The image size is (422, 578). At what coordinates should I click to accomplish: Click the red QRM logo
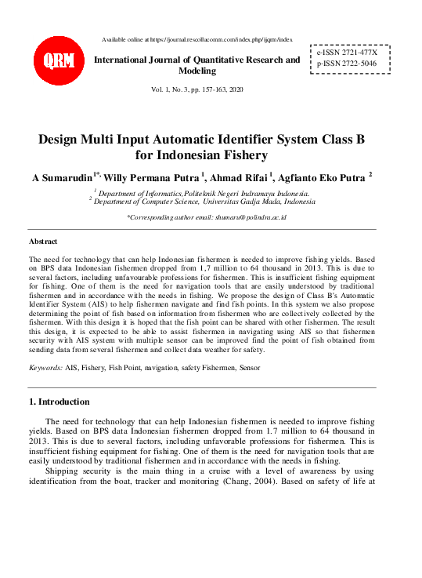55,60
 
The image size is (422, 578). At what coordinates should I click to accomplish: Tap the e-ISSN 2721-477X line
346,51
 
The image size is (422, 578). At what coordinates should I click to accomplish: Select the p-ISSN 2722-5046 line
346,62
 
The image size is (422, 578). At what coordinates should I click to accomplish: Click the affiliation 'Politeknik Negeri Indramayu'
239,192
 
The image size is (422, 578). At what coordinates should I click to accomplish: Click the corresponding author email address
247,216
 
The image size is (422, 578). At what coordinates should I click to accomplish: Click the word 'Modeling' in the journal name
197,71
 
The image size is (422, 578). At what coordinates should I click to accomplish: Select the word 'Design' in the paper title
65,139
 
